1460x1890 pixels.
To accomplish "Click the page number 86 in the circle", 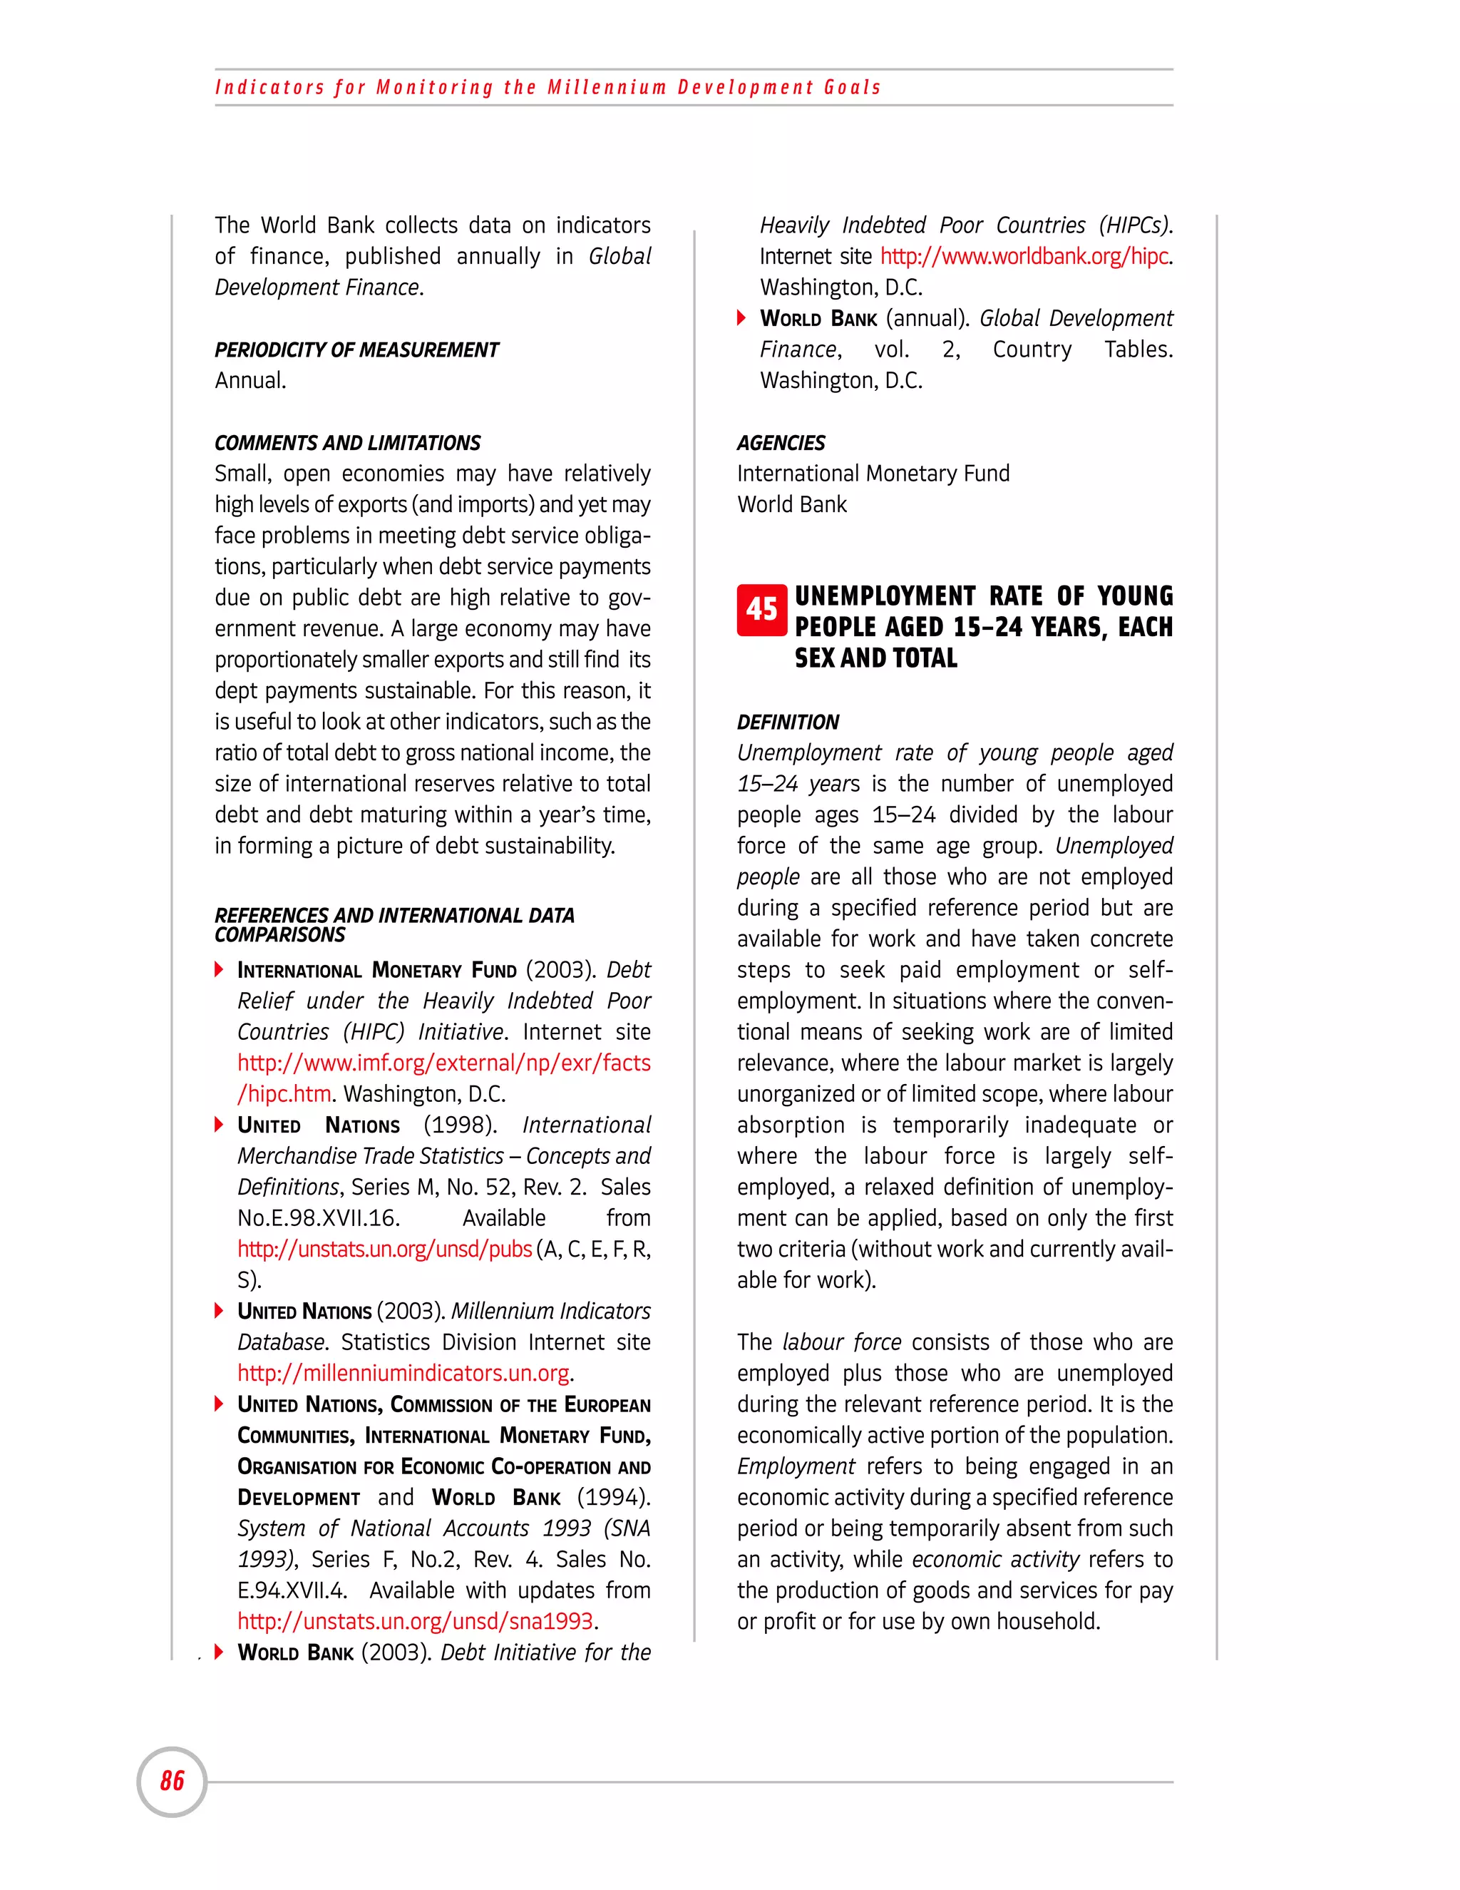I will pos(172,1781).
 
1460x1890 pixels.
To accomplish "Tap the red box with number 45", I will pos(761,609).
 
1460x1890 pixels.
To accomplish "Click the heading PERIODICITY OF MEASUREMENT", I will pos(356,349).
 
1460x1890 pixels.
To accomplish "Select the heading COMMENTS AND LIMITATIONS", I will pos(347,443).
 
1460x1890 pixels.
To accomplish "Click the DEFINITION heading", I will pos(787,722).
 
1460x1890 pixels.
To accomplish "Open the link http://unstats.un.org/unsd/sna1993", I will pos(415,1621).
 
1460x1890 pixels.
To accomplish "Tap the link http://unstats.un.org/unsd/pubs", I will pos(384,1249).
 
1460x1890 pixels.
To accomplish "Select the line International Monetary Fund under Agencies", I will pos(873,474).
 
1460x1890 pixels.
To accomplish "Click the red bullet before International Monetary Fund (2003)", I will pos(220,969).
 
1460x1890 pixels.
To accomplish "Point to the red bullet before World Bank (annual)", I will pos(741,319).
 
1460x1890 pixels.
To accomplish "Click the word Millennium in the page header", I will pos(607,88).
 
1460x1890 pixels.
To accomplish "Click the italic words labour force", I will pos(842,1342).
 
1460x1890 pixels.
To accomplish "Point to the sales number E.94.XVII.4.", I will pos(292,1590).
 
